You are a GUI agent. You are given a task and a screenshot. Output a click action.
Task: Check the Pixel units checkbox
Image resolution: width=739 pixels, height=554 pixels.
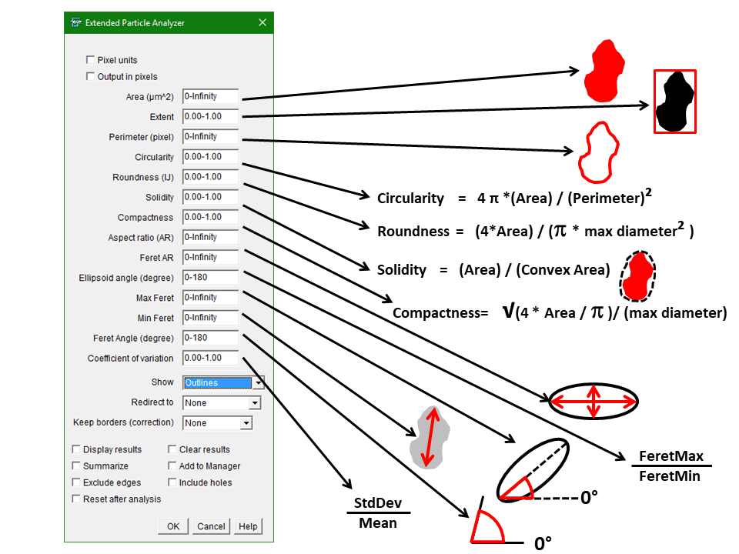(x=91, y=60)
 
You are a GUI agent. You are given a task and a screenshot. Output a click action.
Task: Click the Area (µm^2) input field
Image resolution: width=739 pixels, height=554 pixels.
(x=210, y=97)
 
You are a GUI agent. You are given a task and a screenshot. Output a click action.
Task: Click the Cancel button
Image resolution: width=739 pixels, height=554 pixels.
(x=211, y=526)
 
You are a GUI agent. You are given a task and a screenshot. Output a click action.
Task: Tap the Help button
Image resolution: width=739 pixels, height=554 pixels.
(x=248, y=526)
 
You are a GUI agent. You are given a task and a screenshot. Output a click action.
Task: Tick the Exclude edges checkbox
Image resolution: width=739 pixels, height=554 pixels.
(x=76, y=482)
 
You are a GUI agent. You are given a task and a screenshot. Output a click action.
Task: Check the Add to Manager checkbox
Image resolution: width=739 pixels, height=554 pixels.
(x=172, y=466)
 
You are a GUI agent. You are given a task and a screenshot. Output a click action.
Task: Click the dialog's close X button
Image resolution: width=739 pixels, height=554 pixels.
(x=262, y=23)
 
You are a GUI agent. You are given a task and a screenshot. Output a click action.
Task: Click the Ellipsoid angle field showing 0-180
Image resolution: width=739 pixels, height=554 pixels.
(x=210, y=277)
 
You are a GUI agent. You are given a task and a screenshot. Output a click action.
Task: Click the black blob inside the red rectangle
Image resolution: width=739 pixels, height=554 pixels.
(x=674, y=102)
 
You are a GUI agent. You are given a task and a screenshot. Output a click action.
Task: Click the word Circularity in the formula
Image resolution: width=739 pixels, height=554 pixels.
(x=410, y=199)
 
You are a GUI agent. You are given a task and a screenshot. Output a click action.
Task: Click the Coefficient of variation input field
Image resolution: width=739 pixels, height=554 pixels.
(x=210, y=358)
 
